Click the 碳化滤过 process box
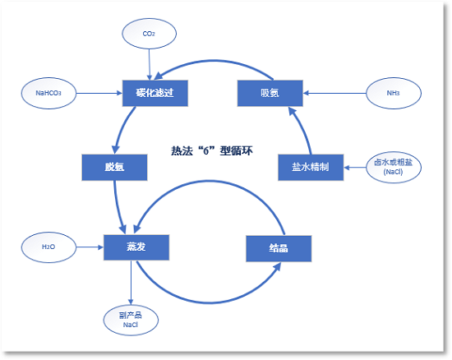tap(155, 93)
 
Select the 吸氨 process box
tap(270, 93)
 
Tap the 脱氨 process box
tap(114, 168)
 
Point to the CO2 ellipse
tap(149, 33)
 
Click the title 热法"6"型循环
tap(210, 151)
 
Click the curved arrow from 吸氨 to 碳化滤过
tap(213, 62)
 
